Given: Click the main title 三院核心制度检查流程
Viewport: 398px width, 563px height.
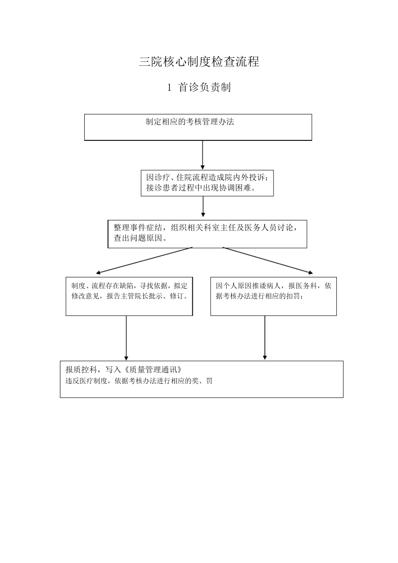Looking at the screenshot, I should point(199,62).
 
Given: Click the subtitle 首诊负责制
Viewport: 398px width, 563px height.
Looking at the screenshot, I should point(204,87).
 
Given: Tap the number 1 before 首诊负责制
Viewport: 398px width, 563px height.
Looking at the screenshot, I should point(169,88).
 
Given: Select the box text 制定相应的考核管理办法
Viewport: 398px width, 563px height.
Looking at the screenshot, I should point(190,122).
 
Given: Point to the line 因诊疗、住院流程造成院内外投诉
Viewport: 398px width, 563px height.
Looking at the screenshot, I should point(207,178).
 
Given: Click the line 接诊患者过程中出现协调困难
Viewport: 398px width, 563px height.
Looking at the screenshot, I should point(201,188).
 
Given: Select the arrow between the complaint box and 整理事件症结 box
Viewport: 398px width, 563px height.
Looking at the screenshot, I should point(203,207).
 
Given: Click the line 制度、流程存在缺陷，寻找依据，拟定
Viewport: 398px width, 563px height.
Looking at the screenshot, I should point(129,286).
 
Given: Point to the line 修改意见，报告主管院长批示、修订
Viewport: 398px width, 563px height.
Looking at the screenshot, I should point(129,296).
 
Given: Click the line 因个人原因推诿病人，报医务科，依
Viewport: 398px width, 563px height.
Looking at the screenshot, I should point(274,286).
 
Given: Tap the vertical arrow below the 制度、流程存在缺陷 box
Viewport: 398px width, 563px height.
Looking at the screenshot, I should point(126,337).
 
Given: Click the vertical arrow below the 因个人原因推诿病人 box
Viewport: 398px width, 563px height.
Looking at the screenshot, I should point(265,337).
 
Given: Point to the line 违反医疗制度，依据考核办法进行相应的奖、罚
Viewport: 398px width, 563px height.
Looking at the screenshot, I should point(139,381).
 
